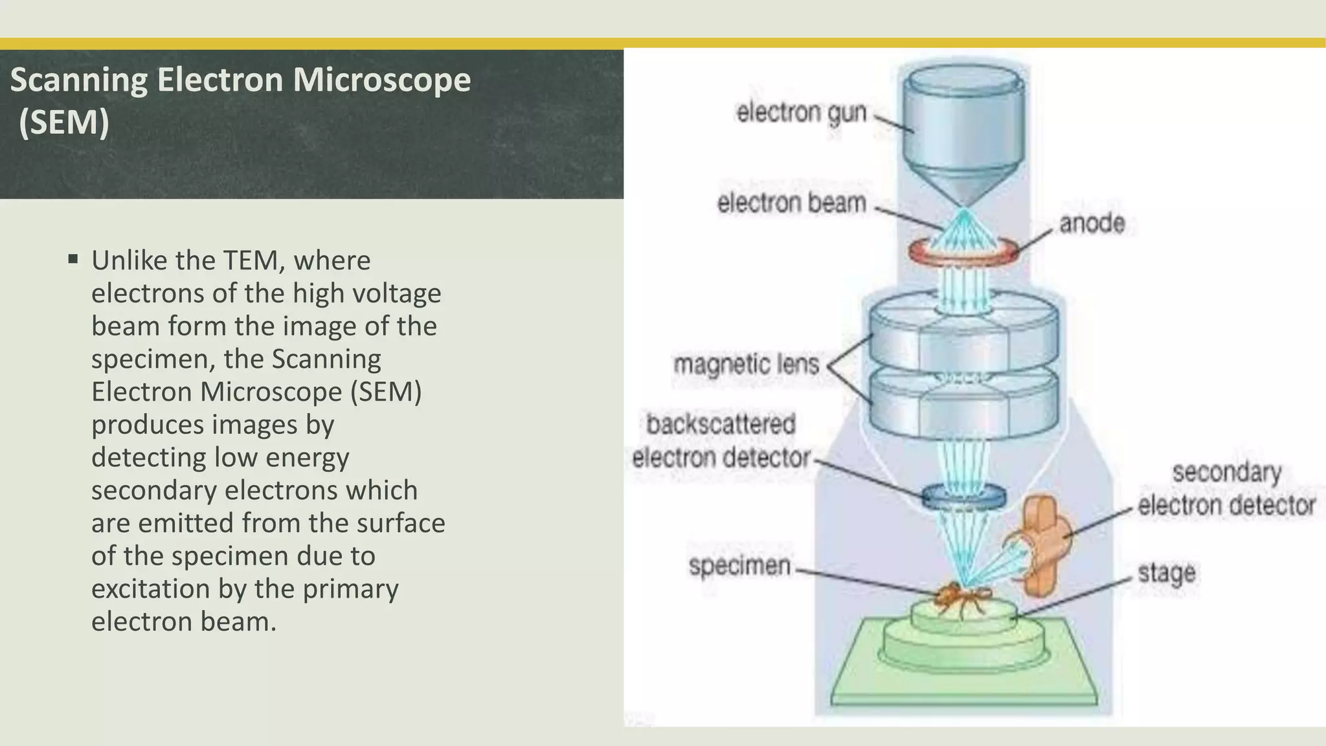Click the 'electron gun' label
point(801,113)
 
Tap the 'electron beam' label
point(791,203)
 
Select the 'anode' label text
point(1092,223)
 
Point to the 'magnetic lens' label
point(746,365)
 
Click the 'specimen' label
point(739,566)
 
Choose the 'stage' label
point(1166,573)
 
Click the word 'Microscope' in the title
point(381,80)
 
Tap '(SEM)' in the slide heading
point(63,122)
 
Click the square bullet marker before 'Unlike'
point(73,260)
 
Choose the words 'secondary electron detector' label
point(1226,489)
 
